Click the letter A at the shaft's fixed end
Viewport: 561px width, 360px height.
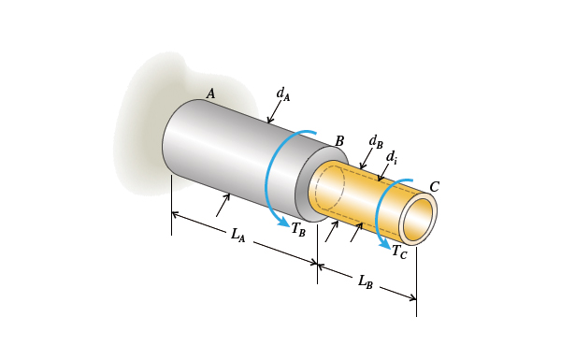tap(210, 94)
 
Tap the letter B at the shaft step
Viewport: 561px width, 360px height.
tap(339, 141)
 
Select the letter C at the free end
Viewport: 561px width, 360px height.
tap(434, 187)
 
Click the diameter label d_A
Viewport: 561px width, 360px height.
tap(282, 94)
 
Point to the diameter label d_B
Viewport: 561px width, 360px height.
tap(375, 141)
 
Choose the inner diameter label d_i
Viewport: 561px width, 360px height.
tap(392, 157)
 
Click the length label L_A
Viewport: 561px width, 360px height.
tap(238, 235)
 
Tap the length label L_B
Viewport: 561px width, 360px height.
tap(366, 281)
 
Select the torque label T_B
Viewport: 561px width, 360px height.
tap(298, 229)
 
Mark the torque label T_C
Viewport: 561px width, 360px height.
tap(399, 252)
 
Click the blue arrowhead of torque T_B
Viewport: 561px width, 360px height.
tap(282, 223)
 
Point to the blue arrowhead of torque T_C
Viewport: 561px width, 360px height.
tap(384, 244)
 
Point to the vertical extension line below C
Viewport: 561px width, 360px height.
tap(416, 281)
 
